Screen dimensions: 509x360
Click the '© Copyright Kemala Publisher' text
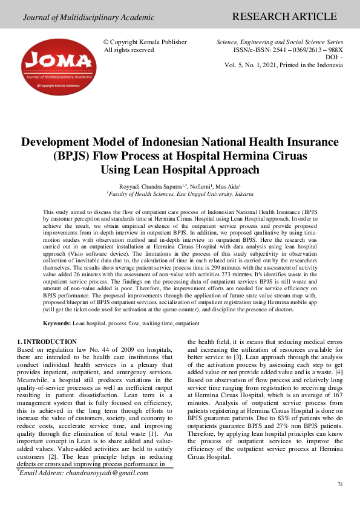pos(146,42)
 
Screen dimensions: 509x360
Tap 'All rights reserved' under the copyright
pos(129,50)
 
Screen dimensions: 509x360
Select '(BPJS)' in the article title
pos(72,156)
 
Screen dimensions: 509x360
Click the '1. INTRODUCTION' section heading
pos(47,342)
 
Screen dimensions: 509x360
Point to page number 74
pos(339,485)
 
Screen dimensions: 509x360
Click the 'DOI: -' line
pos(334,57)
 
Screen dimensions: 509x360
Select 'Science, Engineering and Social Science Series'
pos(280,42)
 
